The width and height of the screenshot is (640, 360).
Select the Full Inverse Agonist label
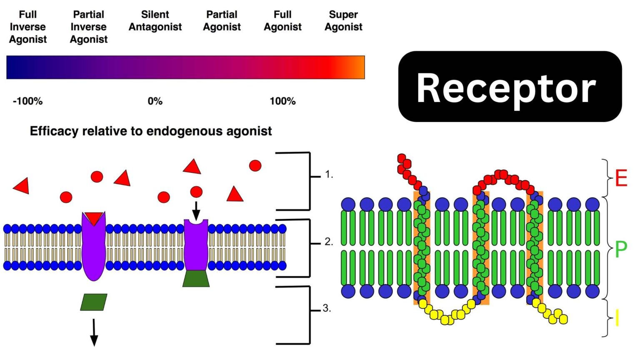(x=28, y=27)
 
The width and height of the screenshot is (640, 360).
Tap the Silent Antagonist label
(x=155, y=21)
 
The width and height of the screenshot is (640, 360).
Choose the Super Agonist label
(x=343, y=21)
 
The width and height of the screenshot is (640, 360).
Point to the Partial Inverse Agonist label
(x=88, y=27)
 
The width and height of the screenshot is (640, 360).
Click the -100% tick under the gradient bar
(x=27, y=101)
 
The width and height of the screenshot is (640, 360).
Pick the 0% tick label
(x=155, y=101)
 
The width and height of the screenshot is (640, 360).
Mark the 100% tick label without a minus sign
(x=282, y=101)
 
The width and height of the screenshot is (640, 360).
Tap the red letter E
(x=621, y=178)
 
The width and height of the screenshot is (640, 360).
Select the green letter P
(x=621, y=250)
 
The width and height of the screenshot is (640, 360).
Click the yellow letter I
(x=617, y=319)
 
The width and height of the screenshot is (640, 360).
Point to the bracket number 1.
(x=329, y=175)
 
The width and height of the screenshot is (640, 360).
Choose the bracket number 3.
(x=327, y=308)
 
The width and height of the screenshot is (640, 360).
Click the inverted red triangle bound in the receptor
(x=94, y=218)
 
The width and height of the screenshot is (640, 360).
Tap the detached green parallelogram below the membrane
(x=94, y=302)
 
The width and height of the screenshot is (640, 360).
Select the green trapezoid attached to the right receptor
(x=196, y=278)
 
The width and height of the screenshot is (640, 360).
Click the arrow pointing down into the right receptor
(x=196, y=210)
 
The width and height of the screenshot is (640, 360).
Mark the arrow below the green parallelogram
(x=94, y=332)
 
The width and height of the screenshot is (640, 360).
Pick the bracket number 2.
(x=328, y=242)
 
